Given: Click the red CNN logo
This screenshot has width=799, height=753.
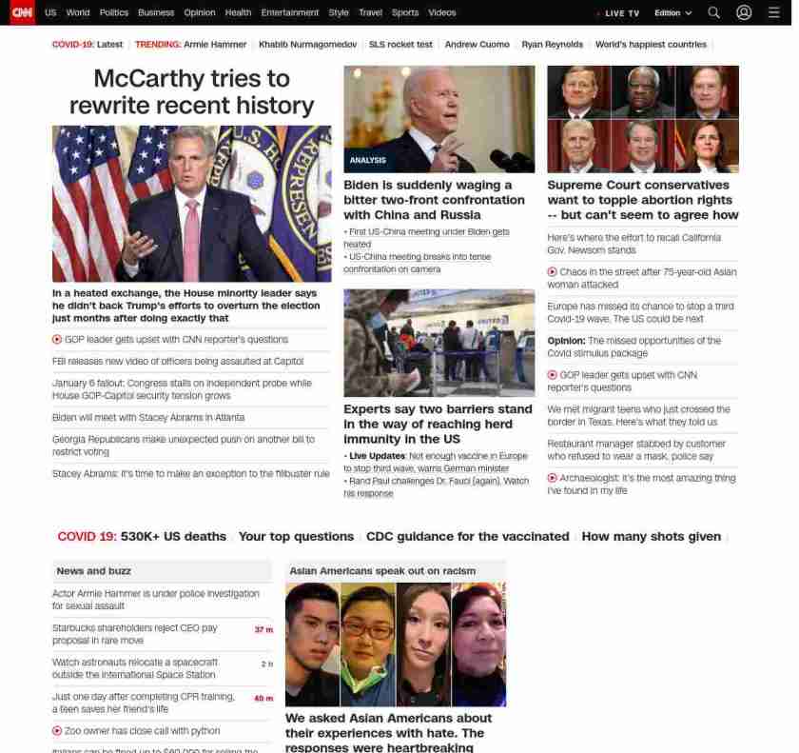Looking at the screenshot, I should tap(22, 12).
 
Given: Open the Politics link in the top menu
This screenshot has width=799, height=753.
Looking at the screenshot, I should tap(114, 13).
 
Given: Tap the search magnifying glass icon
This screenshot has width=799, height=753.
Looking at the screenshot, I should tap(713, 12).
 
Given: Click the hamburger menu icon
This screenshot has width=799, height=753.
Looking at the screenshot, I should tap(773, 12).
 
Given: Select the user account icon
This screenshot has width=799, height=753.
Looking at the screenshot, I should tap(744, 12).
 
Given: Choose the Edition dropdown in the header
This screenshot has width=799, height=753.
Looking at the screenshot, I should tap(672, 13).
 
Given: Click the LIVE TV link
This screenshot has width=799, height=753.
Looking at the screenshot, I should tap(621, 13).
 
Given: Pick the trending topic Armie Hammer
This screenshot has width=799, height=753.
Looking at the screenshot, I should tap(214, 45).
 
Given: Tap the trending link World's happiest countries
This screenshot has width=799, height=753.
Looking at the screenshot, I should tap(651, 45).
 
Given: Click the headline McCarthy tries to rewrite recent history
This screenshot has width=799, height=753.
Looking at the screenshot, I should tap(191, 91).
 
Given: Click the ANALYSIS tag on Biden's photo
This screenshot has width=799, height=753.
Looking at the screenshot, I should tap(368, 160).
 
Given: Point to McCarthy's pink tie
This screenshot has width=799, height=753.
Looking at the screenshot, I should tap(192, 228).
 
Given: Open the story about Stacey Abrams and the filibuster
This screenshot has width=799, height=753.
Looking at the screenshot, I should tap(190, 474).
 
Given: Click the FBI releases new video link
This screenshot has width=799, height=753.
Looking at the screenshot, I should tap(178, 362).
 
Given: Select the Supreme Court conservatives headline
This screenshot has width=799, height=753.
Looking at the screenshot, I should tap(642, 200).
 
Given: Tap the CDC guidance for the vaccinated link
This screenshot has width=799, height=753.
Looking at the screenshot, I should tap(467, 537).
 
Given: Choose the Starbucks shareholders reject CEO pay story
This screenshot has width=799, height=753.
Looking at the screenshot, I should tap(135, 634).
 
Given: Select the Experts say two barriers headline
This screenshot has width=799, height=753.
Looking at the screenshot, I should tap(438, 424).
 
